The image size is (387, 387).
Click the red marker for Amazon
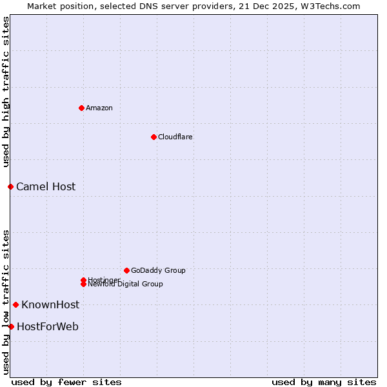(81, 108)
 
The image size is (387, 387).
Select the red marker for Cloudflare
(154, 137)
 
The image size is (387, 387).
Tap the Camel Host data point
(10, 186)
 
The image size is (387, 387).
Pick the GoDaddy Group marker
(126, 270)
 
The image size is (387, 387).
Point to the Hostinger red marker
(83, 280)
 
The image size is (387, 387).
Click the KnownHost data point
(15, 304)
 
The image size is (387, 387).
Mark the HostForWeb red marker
(11, 326)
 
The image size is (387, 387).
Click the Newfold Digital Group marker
(83, 284)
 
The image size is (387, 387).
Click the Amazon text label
(99, 108)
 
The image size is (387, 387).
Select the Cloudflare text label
(175, 137)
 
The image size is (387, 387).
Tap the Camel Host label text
(46, 186)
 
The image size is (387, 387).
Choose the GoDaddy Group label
(158, 270)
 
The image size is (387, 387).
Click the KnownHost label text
(50, 304)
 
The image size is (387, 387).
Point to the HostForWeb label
(48, 326)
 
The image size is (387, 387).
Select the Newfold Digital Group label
(126, 284)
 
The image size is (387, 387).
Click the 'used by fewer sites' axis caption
(66, 382)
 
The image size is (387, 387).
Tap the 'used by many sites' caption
(324, 382)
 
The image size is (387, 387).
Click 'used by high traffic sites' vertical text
(6, 92)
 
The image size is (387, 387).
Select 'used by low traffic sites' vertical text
(6, 301)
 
